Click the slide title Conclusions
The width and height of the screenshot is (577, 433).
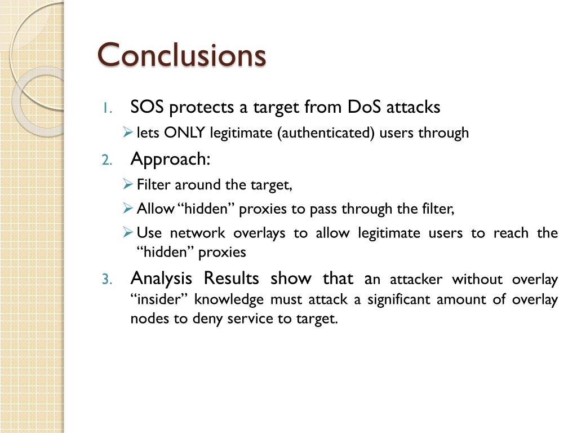(181, 55)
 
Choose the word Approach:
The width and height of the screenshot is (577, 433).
(170, 160)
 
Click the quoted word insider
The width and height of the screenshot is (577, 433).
(159, 299)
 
